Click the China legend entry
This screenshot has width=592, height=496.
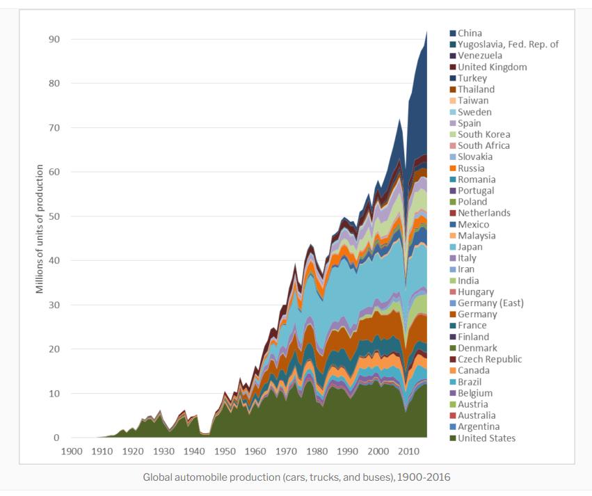(x=470, y=33)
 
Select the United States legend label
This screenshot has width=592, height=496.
(x=487, y=438)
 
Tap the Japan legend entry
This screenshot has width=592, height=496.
(x=470, y=247)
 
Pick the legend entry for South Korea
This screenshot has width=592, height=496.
(x=483, y=134)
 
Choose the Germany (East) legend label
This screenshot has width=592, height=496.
(x=491, y=303)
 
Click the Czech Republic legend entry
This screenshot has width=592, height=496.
(x=490, y=360)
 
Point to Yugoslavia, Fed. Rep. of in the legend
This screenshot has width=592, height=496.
(x=508, y=45)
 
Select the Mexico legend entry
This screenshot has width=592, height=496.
(x=473, y=225)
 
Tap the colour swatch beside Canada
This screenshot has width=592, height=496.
(x=453, y=371)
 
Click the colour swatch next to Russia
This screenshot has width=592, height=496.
(x=453, y=168)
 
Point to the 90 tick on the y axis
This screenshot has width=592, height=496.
(x=54, y=40)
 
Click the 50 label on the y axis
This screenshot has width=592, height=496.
(x=54, y=216)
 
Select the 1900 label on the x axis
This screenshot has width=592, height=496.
(x=72, y=451)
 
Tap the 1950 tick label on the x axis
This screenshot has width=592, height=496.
(x=225, y=451)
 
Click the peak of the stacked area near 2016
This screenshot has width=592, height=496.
(x=426, y=32)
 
